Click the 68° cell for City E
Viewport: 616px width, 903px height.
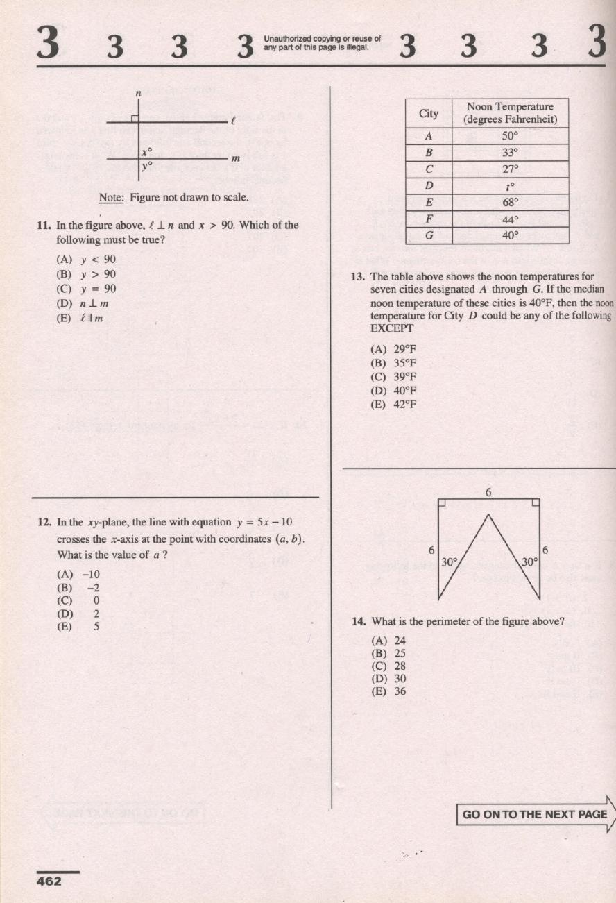tap(510, 203)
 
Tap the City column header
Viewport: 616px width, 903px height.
tap(429, 113)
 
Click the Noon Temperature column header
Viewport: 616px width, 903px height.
tap(510, 113)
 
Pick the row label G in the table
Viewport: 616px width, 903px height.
tap(429, 235)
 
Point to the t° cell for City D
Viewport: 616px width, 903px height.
tap(510, 186)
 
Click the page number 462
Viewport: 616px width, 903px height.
tap(49, 881)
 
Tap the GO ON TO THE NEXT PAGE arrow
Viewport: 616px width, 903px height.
tap(535, 814)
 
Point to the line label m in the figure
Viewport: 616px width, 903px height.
tap(234, 159)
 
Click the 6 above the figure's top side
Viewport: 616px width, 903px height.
tap(488, 493)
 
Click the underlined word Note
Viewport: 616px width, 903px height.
tap(111, 198)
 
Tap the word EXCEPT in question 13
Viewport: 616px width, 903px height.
tap(392, 328)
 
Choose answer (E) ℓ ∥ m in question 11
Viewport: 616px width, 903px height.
tap(80, 318)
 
